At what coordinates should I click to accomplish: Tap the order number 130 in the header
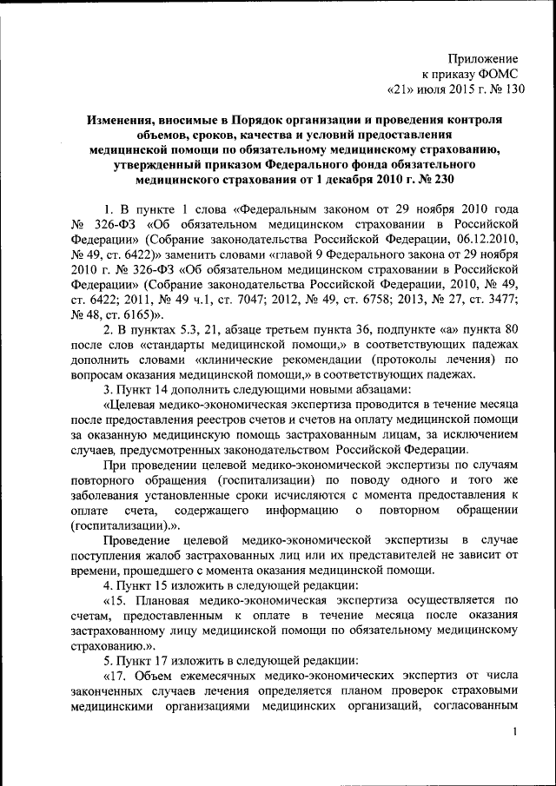[x=513, y=89]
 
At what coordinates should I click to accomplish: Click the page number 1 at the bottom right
[x=516, y=735]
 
